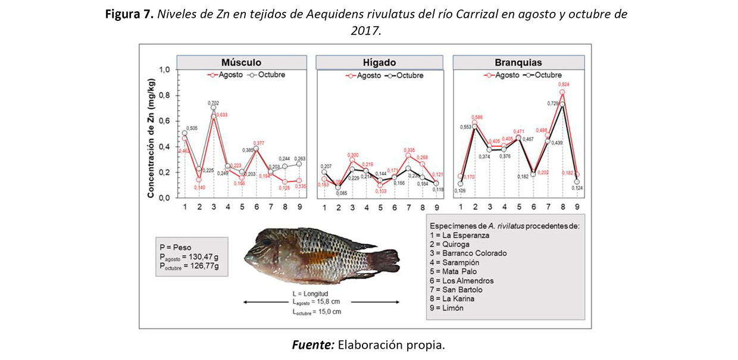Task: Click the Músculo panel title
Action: point(240,62)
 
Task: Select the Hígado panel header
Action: point(379,62)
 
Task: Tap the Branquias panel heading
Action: point(518,62)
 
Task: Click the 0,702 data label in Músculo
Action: point(214,103)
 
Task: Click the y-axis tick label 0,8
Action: point(163,96)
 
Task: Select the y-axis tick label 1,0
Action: point(163,70)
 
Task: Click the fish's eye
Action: point(267,241)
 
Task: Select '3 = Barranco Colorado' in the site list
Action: point(471,253)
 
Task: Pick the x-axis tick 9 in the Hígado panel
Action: point(436,207)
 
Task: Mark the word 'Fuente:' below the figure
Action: point(312,345)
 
